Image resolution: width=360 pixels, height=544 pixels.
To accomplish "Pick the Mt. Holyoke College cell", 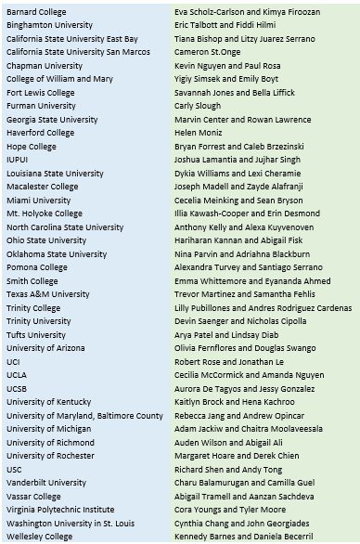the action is [44, 214].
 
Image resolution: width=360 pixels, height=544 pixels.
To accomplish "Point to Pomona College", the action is [37, 267].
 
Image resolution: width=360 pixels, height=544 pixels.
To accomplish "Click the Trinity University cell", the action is [38, 321].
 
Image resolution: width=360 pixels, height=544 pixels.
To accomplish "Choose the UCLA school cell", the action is [18, 375].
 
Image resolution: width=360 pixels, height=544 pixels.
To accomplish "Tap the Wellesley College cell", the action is [39, 537].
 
